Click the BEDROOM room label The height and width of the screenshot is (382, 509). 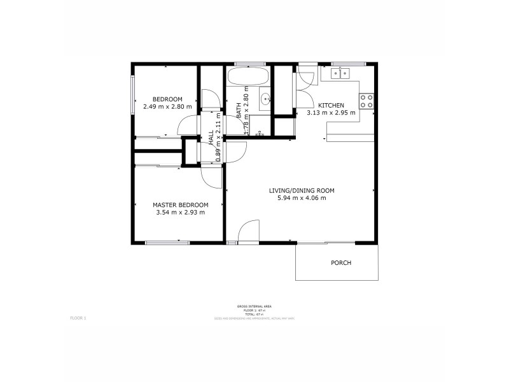pyautogui.click(x=167, y=99)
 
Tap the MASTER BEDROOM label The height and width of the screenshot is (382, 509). pyautogui.click(x=180, y=204)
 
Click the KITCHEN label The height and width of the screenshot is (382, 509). pyautogui.click(x=331, y=105)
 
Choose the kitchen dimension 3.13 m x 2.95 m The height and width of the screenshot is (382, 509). pyautogui.click(x=331, y=113)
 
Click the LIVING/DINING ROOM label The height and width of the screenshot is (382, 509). pyautogui.click(x=302, y=190)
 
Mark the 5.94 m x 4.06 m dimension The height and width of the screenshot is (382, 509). pyautogui.click(x=302, y=198)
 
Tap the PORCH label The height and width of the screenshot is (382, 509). pyautogui.click(x=340, y=262)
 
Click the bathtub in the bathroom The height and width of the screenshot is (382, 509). pyautogui.click(x=249, y=79)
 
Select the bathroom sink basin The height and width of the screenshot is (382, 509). pyautogui.click(x=265, y=99)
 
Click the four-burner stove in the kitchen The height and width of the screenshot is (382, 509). pyautogui.click(x=367, y=101)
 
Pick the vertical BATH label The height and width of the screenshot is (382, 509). pyautogui.click(x=239, y=111)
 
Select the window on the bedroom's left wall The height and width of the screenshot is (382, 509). pyautogui.click(x=133, y=95)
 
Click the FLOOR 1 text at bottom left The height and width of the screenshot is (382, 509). pyautogui.click(x=77, y=316)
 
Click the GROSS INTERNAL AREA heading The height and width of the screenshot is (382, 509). pyautogui.click(x=254, y=306)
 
